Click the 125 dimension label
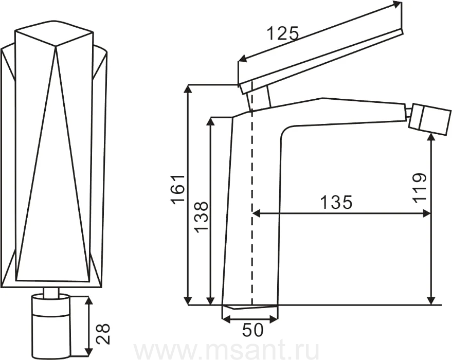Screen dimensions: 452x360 pos(282,33)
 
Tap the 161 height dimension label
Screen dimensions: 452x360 pos(178,189)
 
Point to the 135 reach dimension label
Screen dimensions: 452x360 pos(336,202)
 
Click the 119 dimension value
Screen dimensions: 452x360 pos(419,188)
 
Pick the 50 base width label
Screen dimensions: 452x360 pos(252,330)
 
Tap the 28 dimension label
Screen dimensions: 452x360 pos(103,334)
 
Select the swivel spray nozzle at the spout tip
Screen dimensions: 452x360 pos(430,118)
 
